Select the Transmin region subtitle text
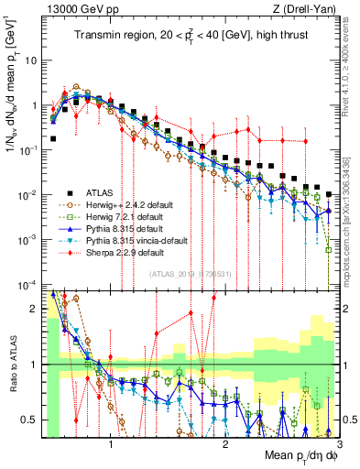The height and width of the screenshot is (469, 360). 197,37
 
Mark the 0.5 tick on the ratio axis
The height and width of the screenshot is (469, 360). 31,420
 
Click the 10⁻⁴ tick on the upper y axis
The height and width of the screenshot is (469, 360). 27,283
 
